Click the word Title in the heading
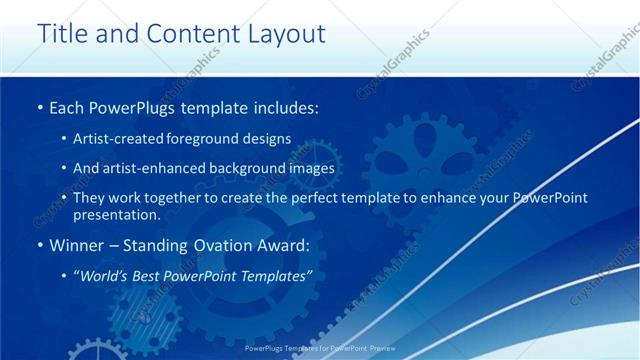coord(62,34)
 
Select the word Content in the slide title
coord(182,34)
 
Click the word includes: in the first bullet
coord(284,106)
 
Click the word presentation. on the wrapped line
coord(116,214)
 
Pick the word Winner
coord(77,245)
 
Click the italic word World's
coord(104,275)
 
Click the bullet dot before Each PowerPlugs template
coord(39,106)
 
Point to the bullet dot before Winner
coord(39,245)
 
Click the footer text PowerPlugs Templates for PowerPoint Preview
coord(319,349)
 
